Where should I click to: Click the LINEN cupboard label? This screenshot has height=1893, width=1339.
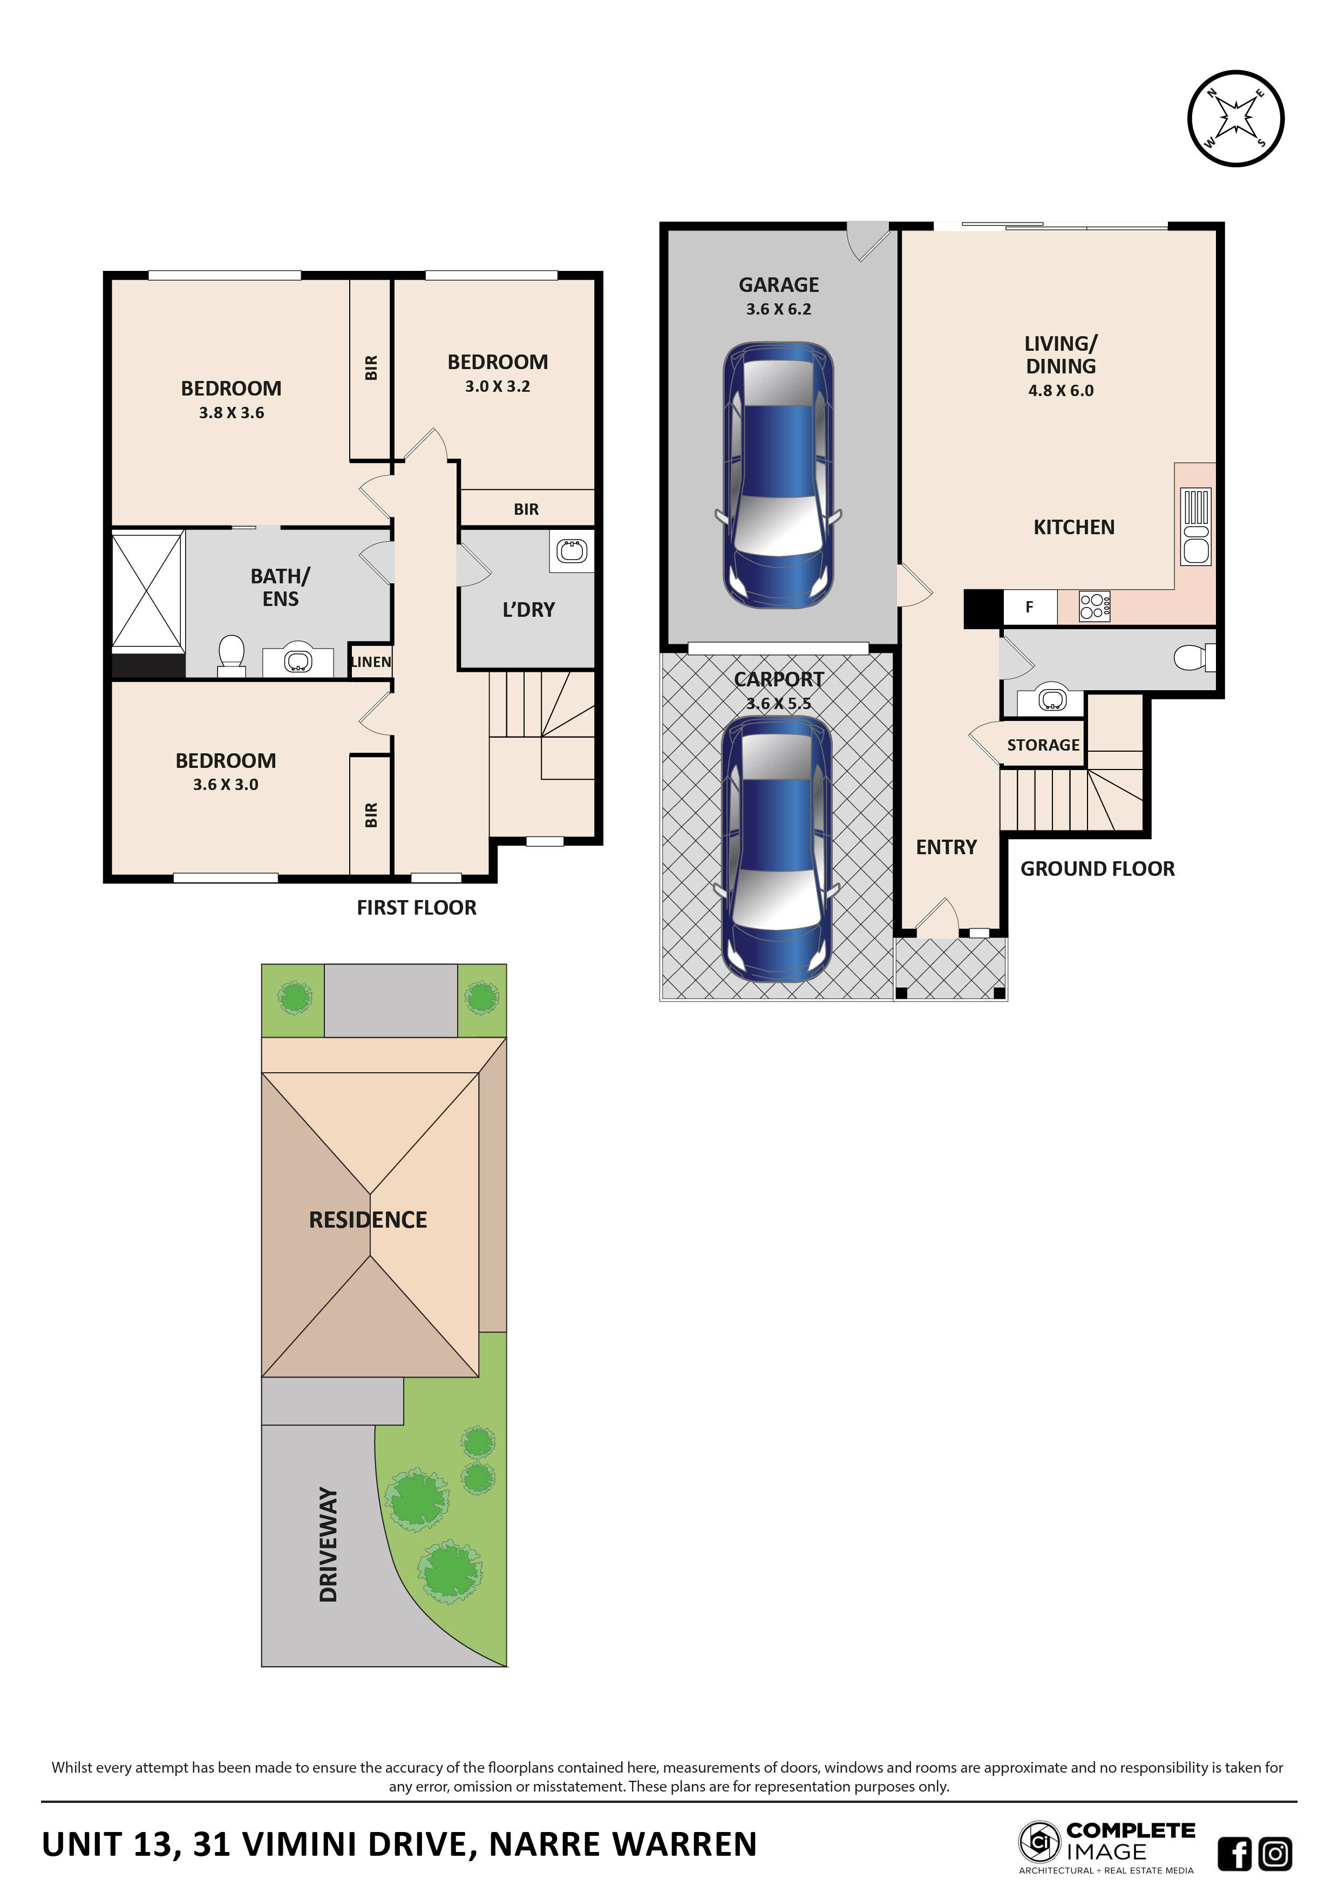click(x=370, y=661)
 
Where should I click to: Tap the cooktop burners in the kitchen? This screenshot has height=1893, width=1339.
click(x=1094, y=606)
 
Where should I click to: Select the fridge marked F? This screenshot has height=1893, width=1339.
click(x=1029, y=607)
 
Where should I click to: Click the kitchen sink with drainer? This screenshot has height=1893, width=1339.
click(x=1195, y=526)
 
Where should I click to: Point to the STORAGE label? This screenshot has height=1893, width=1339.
click(x=1043, y=745)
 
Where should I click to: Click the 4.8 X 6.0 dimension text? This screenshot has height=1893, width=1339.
click(x=1061, y=391)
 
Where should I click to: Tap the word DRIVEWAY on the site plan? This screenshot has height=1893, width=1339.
click(x=328, y=1544)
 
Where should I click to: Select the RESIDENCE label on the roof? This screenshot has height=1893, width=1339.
click(x=368, y=1220)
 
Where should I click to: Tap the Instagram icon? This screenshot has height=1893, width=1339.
click(x=1275, y=1854)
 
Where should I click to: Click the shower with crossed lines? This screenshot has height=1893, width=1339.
click(x=147, y=590)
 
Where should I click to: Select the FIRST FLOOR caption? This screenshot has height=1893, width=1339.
click(x=416, y=908)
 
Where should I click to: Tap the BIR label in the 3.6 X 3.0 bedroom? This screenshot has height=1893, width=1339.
click(x=370, y=815)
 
